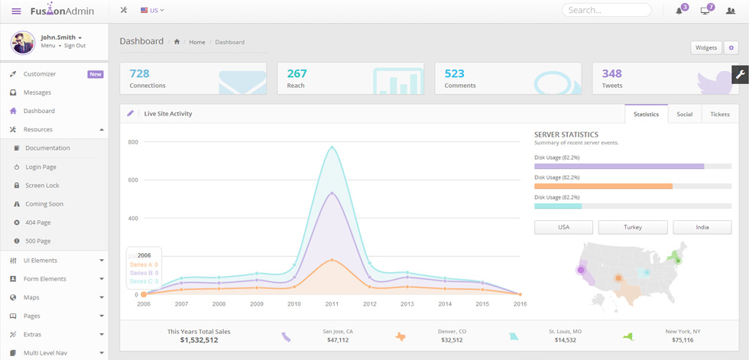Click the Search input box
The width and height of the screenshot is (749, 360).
tap(606, 10)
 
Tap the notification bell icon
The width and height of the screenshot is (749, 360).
tap(679, 11)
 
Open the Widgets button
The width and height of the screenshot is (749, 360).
tap(706, 47)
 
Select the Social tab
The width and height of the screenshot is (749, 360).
tap(685, 114)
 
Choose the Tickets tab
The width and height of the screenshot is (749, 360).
tap(720, 114)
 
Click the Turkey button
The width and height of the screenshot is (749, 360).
tap(633, 227)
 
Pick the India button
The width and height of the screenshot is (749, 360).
tap(702, 227)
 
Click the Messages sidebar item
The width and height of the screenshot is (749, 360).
tap(37, 92)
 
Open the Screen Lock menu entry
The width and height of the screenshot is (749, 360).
tap(43, 185)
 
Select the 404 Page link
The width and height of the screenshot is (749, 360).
tap(37, 222)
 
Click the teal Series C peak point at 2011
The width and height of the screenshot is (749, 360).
tap(332, 148)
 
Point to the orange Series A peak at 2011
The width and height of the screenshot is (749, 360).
tap(332, 260)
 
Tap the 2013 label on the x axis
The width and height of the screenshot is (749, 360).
tap(407, 303)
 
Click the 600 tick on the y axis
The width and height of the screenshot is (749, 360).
tap(133, 180)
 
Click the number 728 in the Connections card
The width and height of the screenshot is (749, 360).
tap(139, 73)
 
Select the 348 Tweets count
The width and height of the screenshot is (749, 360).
tap(612, 73)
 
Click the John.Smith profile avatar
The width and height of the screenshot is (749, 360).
tap(22, 43)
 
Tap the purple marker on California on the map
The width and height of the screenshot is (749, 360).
tap(581, 270)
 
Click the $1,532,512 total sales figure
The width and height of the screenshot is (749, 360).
tap(199, 340)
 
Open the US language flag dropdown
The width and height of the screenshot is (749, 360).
tap(152, 10)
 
